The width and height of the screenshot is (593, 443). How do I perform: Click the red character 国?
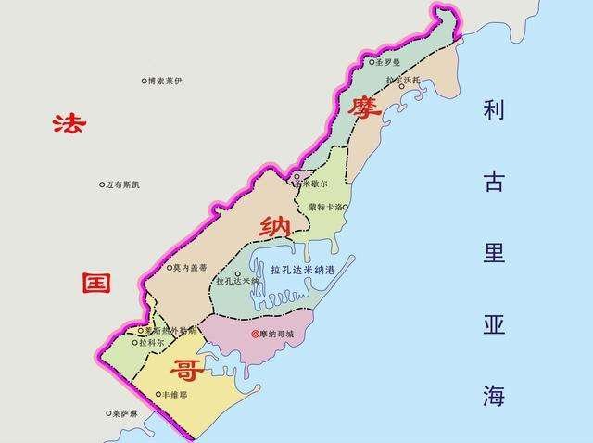tap(96, 282)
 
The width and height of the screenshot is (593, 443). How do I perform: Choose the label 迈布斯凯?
tap(124, 184)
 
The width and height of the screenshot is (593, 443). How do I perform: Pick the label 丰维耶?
tap(174, 394)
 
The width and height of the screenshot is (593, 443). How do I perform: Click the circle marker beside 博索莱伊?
tap(145, 82)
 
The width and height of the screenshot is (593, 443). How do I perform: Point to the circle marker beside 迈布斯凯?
tap(102, 184)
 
